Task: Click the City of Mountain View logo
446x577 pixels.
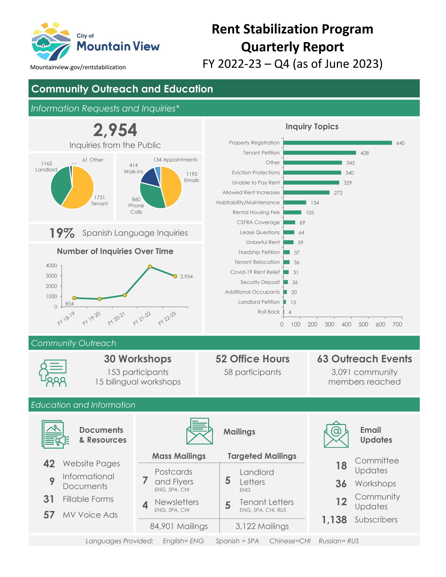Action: [x=95, y=42]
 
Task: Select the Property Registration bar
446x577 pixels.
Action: [x=337, y=143]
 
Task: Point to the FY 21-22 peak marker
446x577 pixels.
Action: [x=150, y=267]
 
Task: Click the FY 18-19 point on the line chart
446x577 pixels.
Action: [x=74, y=298]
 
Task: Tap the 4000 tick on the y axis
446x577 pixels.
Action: [x=51, y=266]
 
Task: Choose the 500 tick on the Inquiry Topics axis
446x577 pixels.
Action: [x=363, y=324]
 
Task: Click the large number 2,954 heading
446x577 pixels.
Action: [x=115, y=130]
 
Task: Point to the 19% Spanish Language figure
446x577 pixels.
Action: [x=62, y=233]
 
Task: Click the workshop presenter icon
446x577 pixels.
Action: [x=53, y=373]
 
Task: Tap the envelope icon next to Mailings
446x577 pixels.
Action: [x=199, y=431]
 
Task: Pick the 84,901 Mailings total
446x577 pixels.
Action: [x=179, y=526]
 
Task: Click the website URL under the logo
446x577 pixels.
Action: [x=78, y=67]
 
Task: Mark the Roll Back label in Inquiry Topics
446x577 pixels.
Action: [x=269, y=312]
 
